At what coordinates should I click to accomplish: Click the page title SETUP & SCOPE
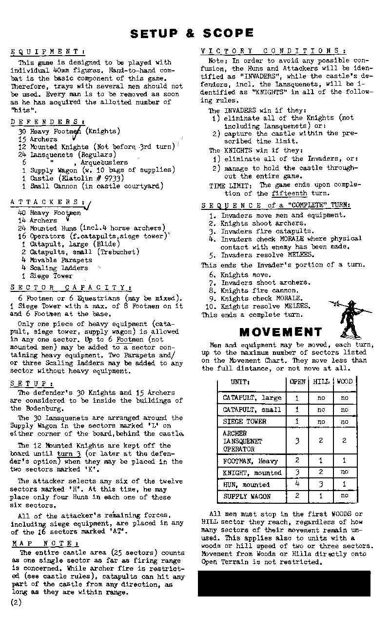(192, 33)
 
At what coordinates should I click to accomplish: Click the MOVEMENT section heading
(280, 332)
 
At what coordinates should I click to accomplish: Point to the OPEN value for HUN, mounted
(297, 484)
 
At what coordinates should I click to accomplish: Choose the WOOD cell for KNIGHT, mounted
(345, 473)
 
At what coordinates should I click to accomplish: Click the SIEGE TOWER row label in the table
(244, 422)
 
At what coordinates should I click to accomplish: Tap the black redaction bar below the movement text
(284, 583)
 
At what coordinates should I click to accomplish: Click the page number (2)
(16, 602)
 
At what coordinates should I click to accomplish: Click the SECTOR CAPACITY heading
(71, 288)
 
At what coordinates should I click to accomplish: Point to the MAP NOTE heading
(46, 544)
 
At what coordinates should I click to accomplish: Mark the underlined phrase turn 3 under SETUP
(68, 453)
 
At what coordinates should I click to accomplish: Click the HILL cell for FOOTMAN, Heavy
(321, 461)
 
